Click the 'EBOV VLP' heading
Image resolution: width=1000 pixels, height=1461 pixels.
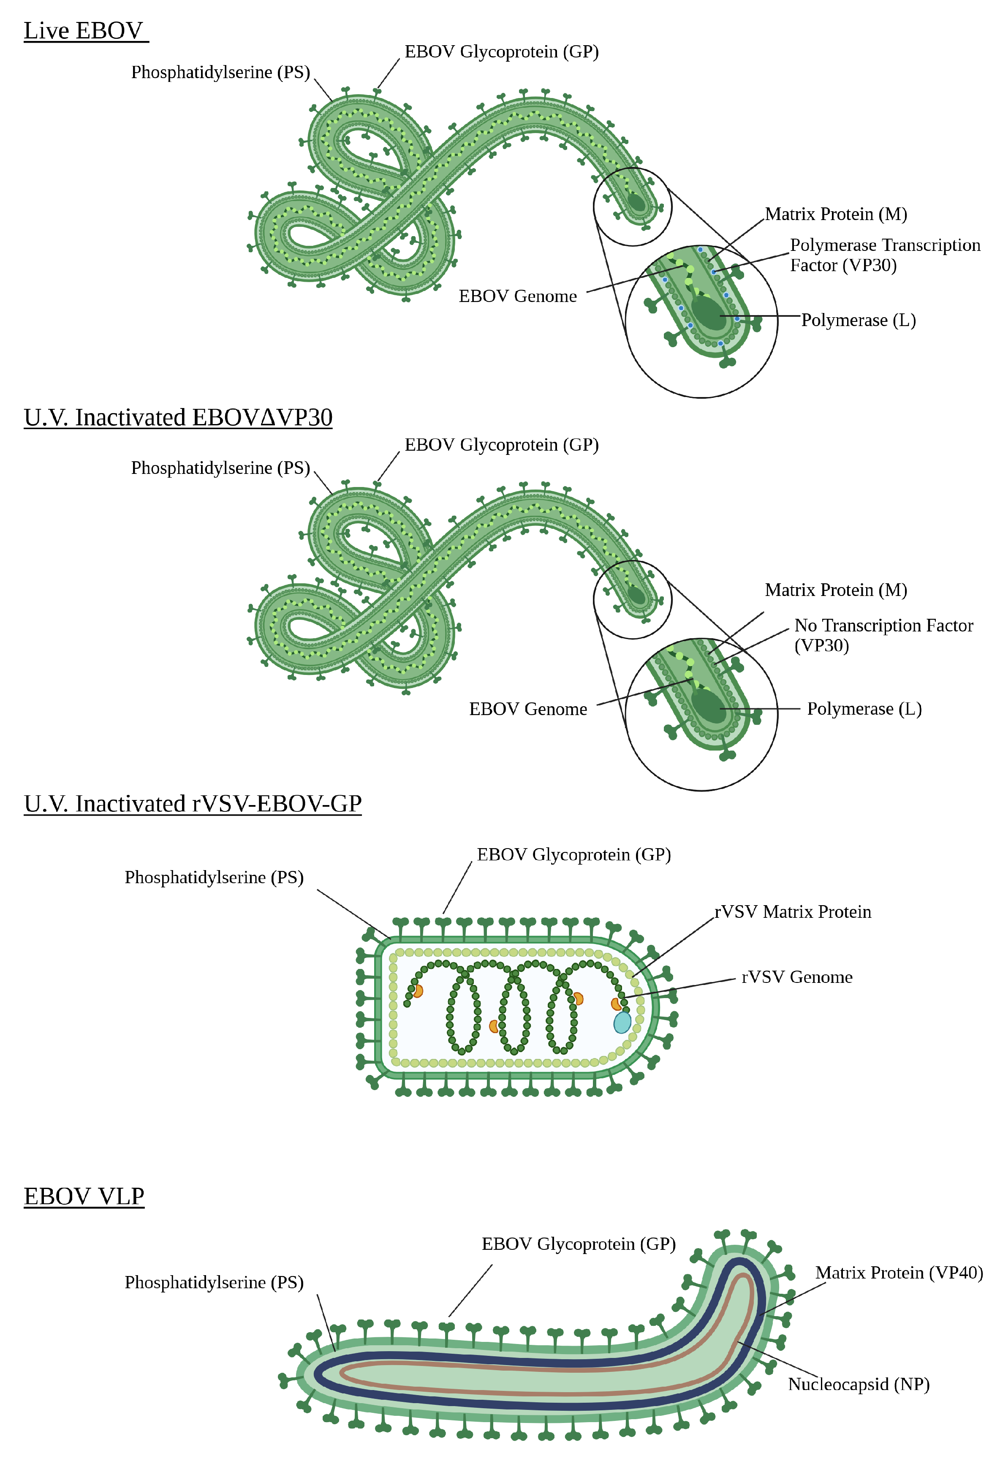[x=84, y=1196]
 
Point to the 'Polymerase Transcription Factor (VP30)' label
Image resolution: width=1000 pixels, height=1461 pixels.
[x=884, y=255]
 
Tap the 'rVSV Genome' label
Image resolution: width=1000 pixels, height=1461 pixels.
[x=796, y=977]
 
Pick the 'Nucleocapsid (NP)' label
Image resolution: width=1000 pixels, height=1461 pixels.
[x=858, y=1384]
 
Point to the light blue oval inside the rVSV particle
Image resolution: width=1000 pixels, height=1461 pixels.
[x=622, y=1022]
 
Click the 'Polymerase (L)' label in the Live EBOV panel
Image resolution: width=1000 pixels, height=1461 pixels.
[x=858, y=320]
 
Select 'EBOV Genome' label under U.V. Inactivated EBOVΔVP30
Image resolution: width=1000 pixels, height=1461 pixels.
[x=527, y=709]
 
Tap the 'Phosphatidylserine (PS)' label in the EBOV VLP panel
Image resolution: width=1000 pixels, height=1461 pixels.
[x=214, y=1282]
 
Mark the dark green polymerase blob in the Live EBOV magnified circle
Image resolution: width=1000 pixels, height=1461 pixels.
[x=708, y=313]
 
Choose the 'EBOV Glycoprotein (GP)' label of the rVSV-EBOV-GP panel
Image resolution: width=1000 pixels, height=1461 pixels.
[x=573, y=854]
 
